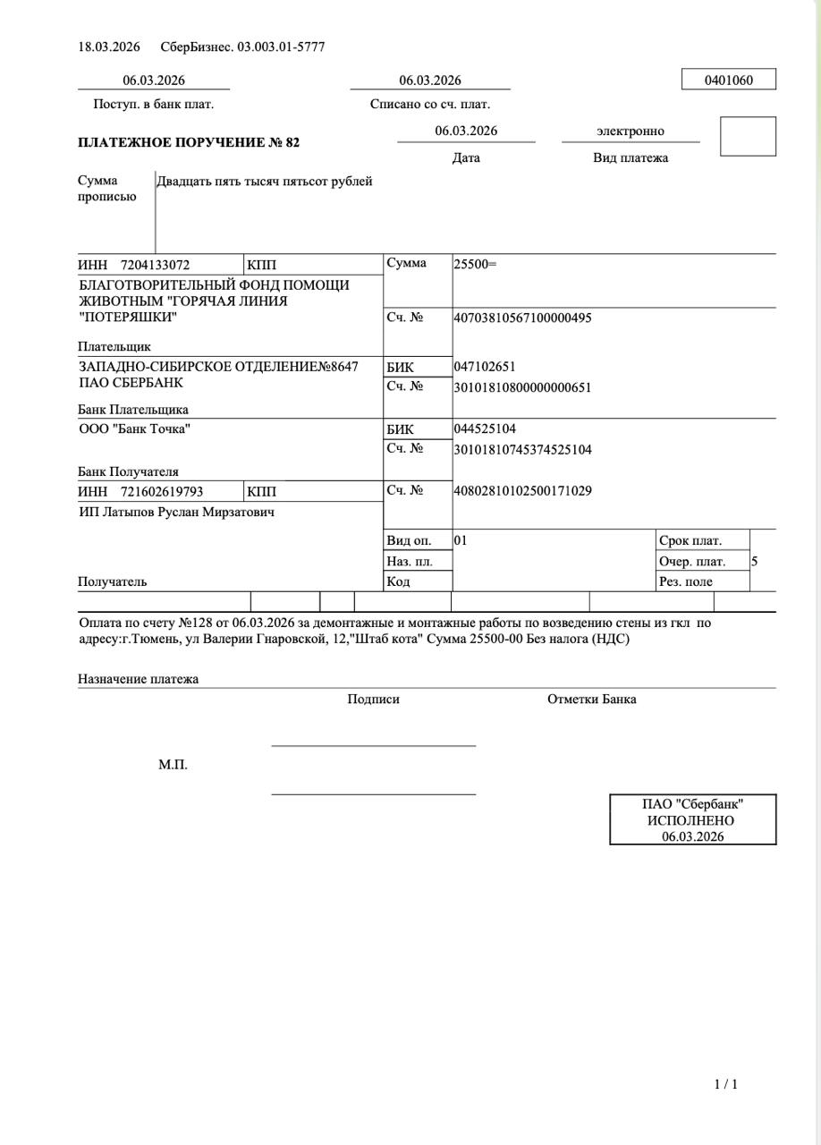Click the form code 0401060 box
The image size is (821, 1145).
coord(728,80)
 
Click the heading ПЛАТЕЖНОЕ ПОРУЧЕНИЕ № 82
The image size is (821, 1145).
coord(189,142)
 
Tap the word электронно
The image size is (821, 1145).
coord(630,131)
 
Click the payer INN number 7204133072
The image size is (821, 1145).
coord(155,265)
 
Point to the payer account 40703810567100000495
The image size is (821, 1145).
coord(522,318)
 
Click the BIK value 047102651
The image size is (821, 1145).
coord(485,367)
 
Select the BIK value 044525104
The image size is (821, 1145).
coord(485,429)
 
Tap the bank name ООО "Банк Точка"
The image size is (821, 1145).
coord(134,428)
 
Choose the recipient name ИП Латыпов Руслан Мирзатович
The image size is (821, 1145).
coord(176,513)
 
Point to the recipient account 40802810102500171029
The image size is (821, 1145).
coord(522,491)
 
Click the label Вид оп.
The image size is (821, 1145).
coord(409,540)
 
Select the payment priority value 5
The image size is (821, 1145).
coord(755,562)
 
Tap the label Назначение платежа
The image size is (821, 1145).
coord(138,679)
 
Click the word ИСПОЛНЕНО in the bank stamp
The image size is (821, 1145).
coord(690,820)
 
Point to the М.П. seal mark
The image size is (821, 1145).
coord(173,766)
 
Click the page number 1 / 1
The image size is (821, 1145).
coord(726,1085)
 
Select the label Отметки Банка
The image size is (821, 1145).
coord(591,700)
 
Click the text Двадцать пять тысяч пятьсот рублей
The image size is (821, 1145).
coord(265,182)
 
